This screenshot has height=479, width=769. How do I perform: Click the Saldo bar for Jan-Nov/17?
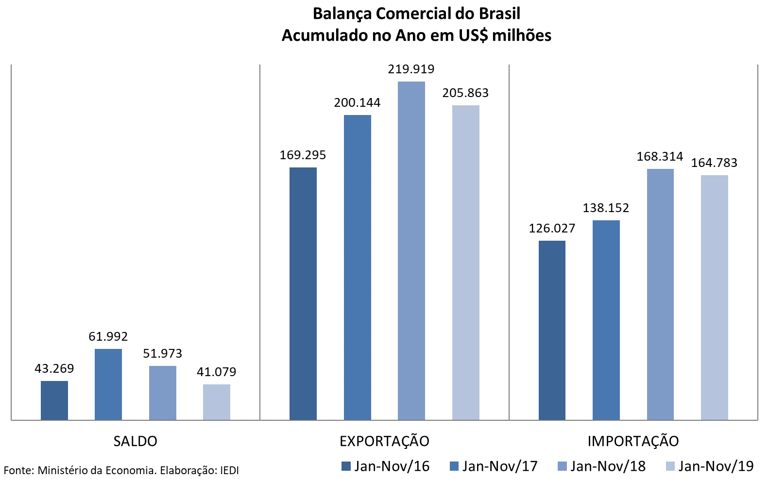(108, 384)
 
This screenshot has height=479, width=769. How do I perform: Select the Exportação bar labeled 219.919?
(411, 250)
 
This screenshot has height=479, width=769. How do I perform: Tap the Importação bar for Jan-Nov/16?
(552, 330)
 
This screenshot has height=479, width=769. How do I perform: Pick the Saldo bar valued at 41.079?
(217, 402)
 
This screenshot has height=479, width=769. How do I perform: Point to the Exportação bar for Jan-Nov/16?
(303, 294)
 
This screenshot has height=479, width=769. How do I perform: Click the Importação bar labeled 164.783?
(714, 297)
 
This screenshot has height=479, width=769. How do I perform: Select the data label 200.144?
(357, 103)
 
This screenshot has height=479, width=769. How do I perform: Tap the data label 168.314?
(660, 157)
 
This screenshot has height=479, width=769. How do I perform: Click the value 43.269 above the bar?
(54, 369)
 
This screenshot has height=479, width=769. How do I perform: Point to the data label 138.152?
(606, 208)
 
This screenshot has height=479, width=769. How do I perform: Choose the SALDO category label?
(135, 441)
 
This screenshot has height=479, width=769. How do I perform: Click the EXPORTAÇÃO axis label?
(384, 441)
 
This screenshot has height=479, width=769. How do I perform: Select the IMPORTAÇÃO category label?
(633, 441)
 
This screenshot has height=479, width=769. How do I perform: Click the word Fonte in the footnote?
(17, 470)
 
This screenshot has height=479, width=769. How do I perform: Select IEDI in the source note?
(229, 470)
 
